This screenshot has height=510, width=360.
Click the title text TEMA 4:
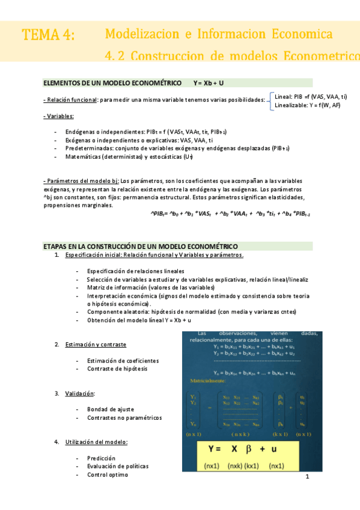pyautogui.click(x=48, y=35)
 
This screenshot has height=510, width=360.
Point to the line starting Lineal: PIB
pyautogui.click(x=310, y=96)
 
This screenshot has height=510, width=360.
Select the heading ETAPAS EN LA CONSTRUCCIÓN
pyautogui.click(x=141, y=247)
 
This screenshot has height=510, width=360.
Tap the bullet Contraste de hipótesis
pyautogui.click(x=117, y=369)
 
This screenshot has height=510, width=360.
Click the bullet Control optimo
pyautogui.click(x=107, y=475)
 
